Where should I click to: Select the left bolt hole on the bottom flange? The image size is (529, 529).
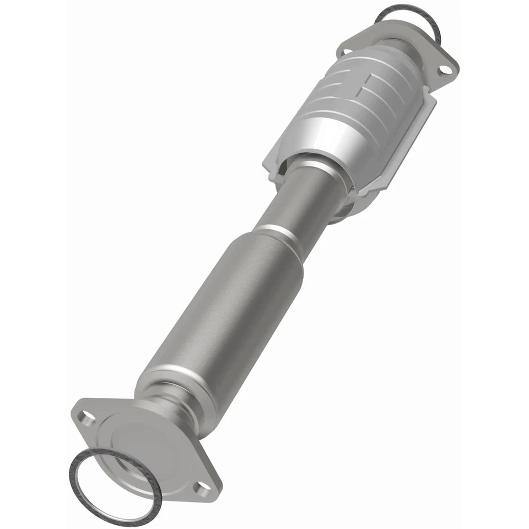pyautogui.click(x=88, y=415)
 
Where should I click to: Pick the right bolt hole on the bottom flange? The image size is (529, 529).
pyautogui.click(x=204, y=485)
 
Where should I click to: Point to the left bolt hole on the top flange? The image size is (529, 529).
pyautogui.click(x=347, y=51)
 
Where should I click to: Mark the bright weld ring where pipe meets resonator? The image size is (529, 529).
pyautogui.click(x=276, y=231)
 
